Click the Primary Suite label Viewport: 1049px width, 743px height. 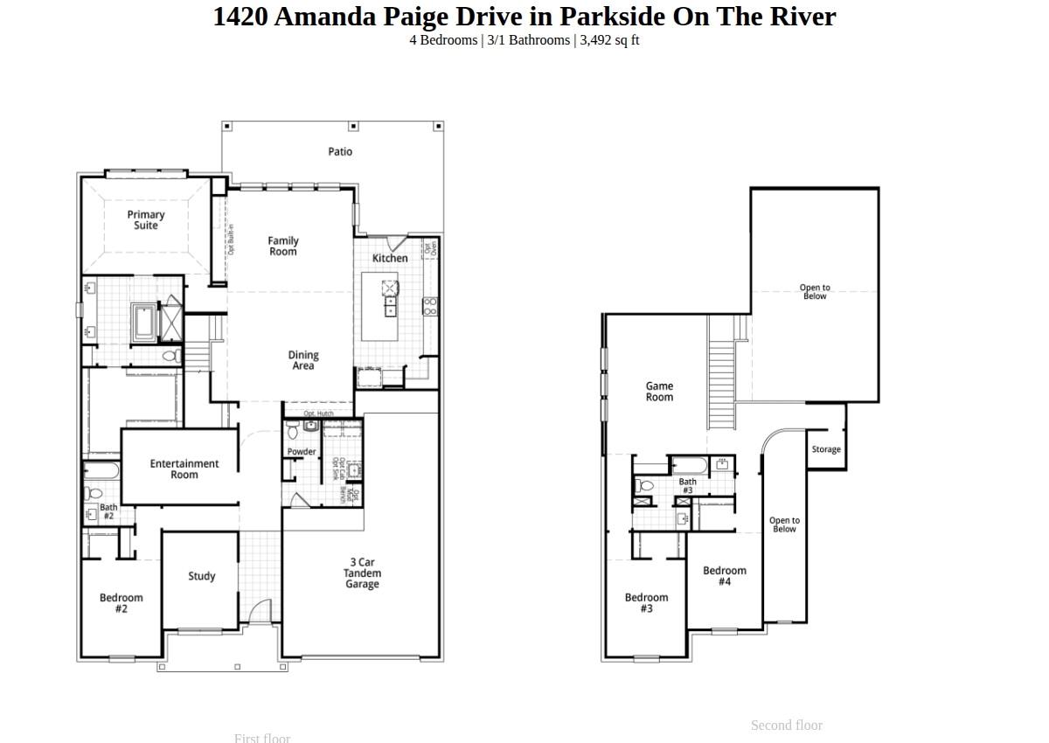click(146, 220)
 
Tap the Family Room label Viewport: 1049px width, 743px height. click(282, 247)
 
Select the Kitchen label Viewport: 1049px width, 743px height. click(390, 259)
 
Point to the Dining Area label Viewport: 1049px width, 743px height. click(303, 361)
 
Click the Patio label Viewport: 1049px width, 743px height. click(340, 152)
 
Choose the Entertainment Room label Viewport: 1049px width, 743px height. click(184, 469)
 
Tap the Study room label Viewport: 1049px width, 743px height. click(202, 576)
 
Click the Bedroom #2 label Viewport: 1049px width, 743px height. click(122, 603)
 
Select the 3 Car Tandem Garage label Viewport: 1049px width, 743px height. click(362, 573)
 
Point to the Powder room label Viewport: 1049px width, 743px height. click(302, 452)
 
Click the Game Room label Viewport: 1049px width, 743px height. click(659, 392)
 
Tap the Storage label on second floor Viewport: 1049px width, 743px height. click(826, 449)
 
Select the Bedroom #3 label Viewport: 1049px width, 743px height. click(646, 603)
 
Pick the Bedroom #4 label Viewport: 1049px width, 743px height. click(725, 576)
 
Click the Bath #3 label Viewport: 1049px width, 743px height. click(688, 486)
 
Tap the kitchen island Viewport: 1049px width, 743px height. click(380, 307)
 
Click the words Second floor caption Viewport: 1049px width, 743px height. click(786, 726)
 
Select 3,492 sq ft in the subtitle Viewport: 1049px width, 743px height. click(609, 40)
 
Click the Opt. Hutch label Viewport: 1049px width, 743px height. click(318, 413)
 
